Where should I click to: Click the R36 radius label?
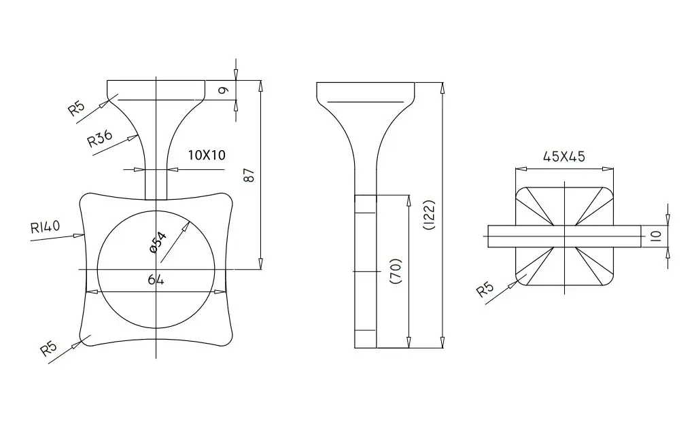[100, 139]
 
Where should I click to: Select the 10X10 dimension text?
[207, 155]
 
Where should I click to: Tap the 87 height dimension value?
[249, 175]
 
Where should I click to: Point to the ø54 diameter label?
[158, 243]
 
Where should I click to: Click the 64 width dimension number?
[156, 280]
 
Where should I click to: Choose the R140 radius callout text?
[45, 227]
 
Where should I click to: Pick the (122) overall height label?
[430, 215]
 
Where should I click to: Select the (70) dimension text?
[395, 271]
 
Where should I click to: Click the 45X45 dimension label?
[564, 156]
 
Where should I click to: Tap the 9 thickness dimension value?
[224, 90]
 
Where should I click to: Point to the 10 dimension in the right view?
[656, 236]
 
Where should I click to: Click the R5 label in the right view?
[485, 289]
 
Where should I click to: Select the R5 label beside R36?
[76, 108]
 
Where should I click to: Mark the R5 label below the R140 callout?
[49, 348]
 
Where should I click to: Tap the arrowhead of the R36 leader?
[134, 137]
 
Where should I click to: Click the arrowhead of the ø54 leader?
[187, 226]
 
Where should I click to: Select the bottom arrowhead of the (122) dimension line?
[442, 342]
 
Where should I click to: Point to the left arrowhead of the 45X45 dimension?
[521, 168]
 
